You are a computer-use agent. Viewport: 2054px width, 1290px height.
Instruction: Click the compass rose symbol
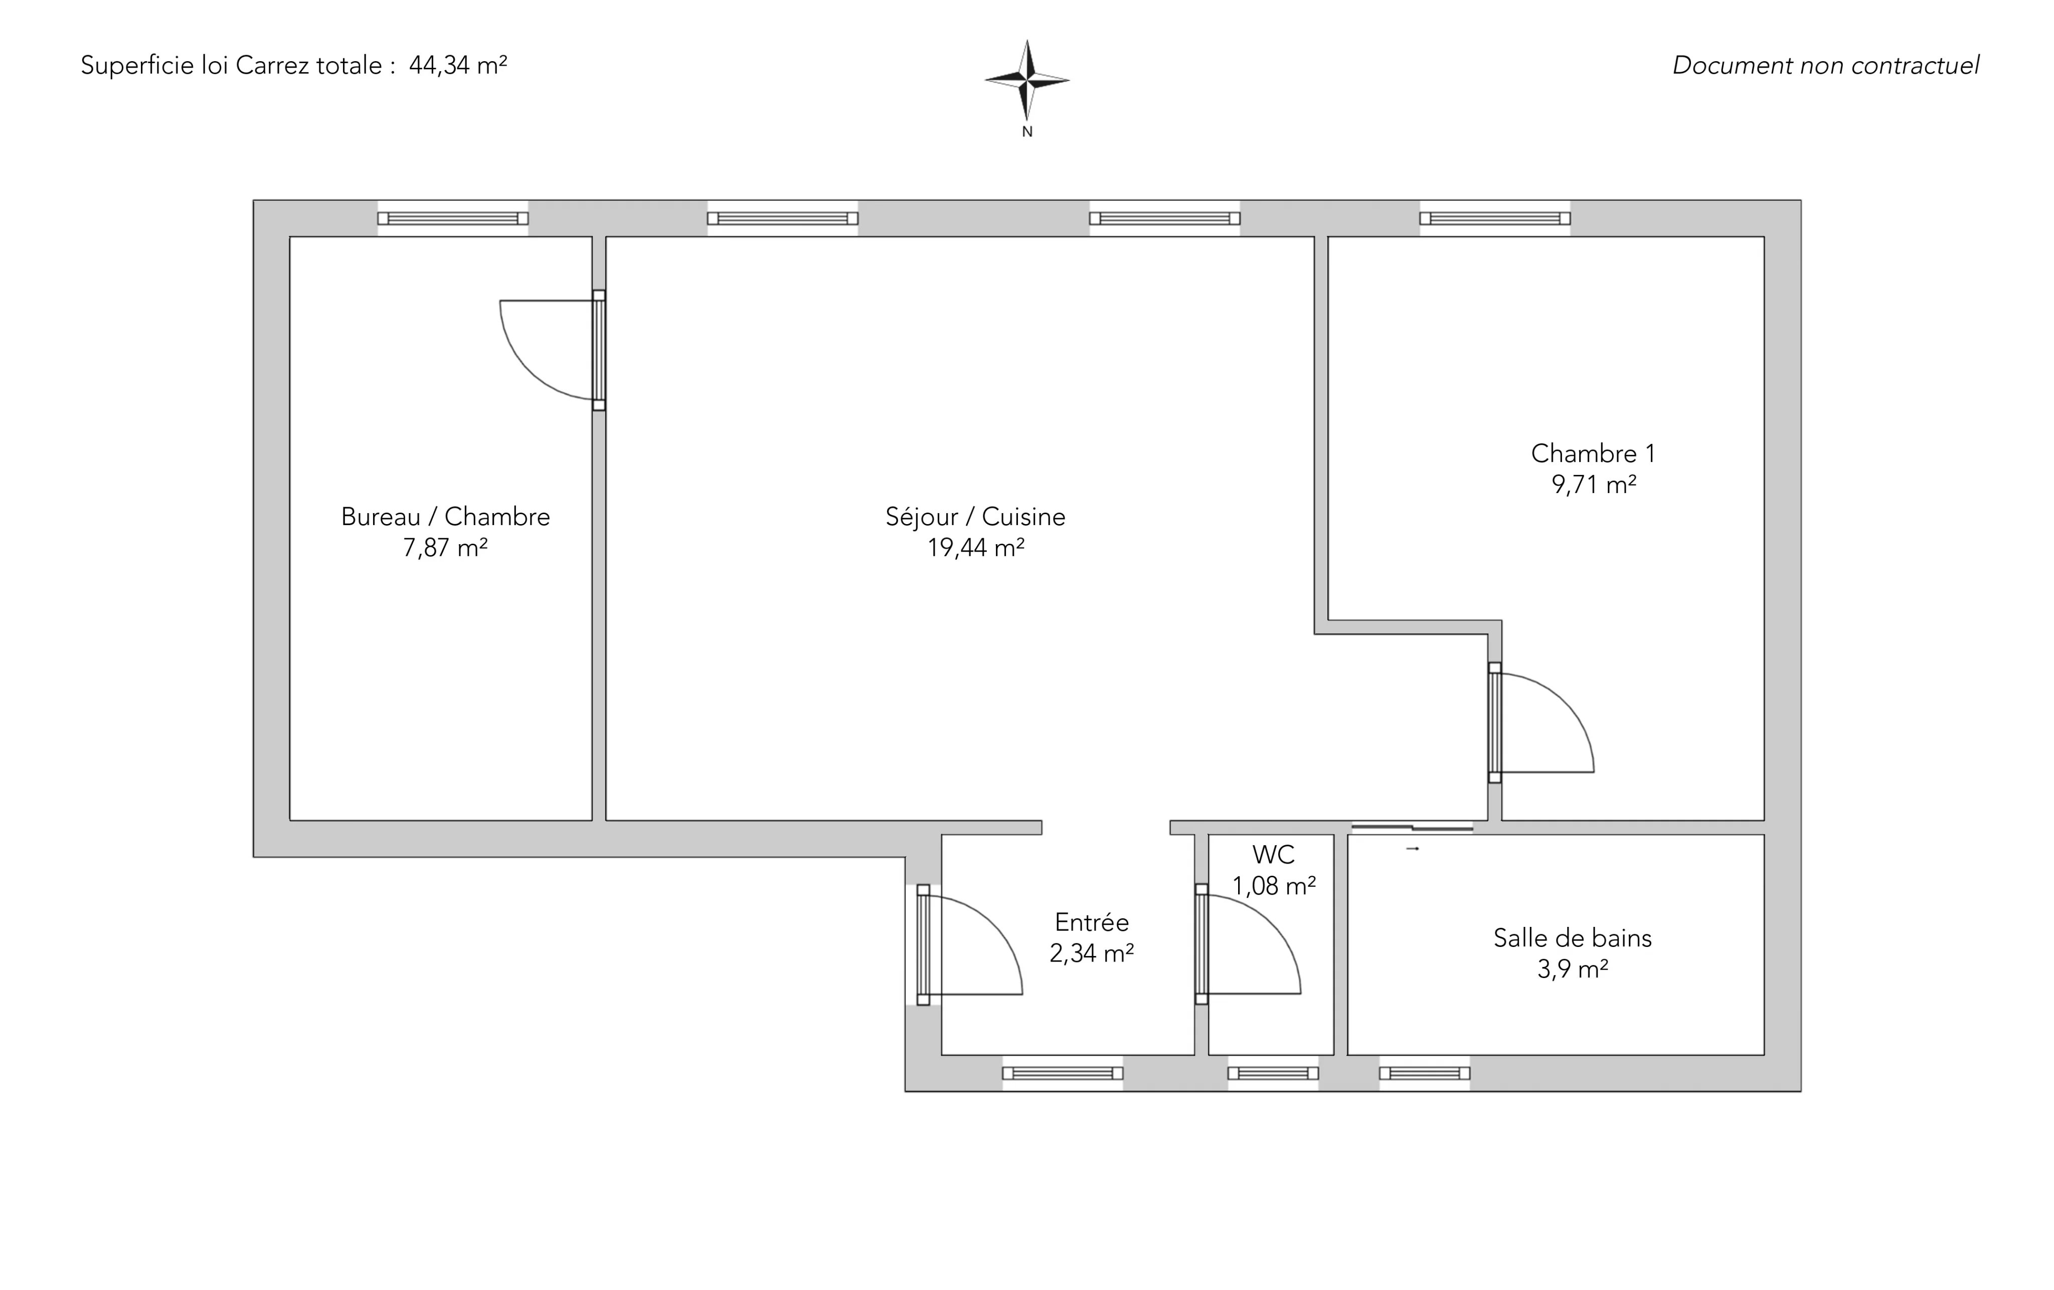coord(1027,80)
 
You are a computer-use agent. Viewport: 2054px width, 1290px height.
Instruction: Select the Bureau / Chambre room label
coord(445,516)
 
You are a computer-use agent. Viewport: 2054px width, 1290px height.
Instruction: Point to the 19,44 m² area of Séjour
coord(976,547)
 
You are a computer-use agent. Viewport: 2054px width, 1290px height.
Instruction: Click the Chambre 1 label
coord(1593,453)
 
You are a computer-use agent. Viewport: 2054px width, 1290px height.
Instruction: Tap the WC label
coord(1274,854)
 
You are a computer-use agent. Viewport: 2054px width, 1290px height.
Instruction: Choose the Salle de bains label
coord(1572,937)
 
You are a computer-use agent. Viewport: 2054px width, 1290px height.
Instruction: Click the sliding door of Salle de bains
coord(1413,827)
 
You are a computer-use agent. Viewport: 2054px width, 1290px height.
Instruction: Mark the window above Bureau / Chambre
coord(453,218)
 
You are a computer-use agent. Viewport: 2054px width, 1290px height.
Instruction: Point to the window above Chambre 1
coord(1494,218)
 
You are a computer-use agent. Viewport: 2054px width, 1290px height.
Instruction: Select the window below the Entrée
coord(1062,1073)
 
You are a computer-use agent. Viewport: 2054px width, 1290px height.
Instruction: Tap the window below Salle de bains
coord(1425,1073)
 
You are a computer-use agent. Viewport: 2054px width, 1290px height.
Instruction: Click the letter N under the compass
coord(1027,131)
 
